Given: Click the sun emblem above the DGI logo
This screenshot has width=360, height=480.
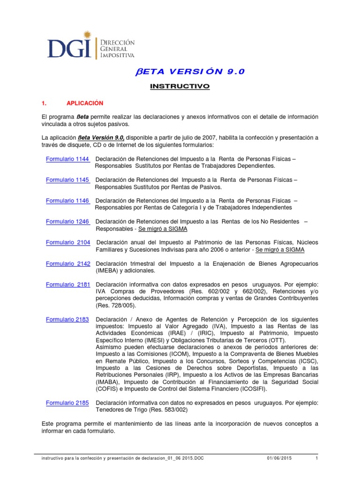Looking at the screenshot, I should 86,36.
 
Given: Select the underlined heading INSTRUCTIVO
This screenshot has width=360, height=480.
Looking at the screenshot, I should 180,87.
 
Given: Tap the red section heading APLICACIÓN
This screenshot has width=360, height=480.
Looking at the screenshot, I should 85,103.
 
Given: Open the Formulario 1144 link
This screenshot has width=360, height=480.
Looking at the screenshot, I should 67,159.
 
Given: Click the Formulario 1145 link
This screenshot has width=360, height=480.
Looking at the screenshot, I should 67,180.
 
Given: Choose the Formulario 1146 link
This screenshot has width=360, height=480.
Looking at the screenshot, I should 67,201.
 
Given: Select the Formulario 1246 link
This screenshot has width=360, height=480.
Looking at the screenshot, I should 67,221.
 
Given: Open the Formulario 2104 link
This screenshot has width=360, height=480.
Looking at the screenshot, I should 68,242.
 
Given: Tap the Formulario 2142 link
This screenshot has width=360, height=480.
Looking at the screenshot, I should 68,263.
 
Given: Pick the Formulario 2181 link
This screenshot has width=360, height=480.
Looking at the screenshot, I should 68,285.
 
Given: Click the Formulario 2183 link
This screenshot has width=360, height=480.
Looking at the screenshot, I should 68,319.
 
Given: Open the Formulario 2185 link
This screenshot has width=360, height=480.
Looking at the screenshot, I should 68,403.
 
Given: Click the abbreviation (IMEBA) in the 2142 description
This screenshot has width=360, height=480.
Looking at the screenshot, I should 108,270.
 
